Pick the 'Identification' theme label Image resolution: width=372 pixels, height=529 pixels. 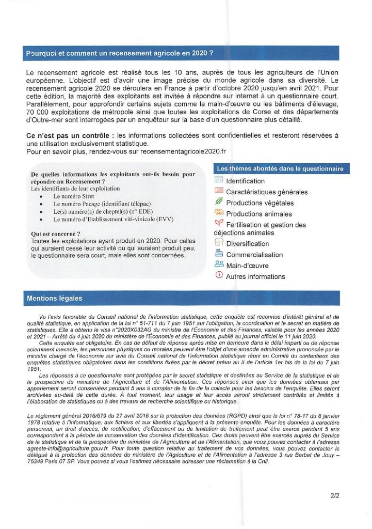point(245,181)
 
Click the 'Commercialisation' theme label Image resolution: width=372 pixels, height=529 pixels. point(254,255)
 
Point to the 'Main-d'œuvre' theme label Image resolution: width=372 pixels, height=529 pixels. point(247,266)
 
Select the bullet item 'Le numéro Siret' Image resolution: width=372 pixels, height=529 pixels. point(73,197)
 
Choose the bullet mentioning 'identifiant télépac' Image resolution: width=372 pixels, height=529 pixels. point(91,204)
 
